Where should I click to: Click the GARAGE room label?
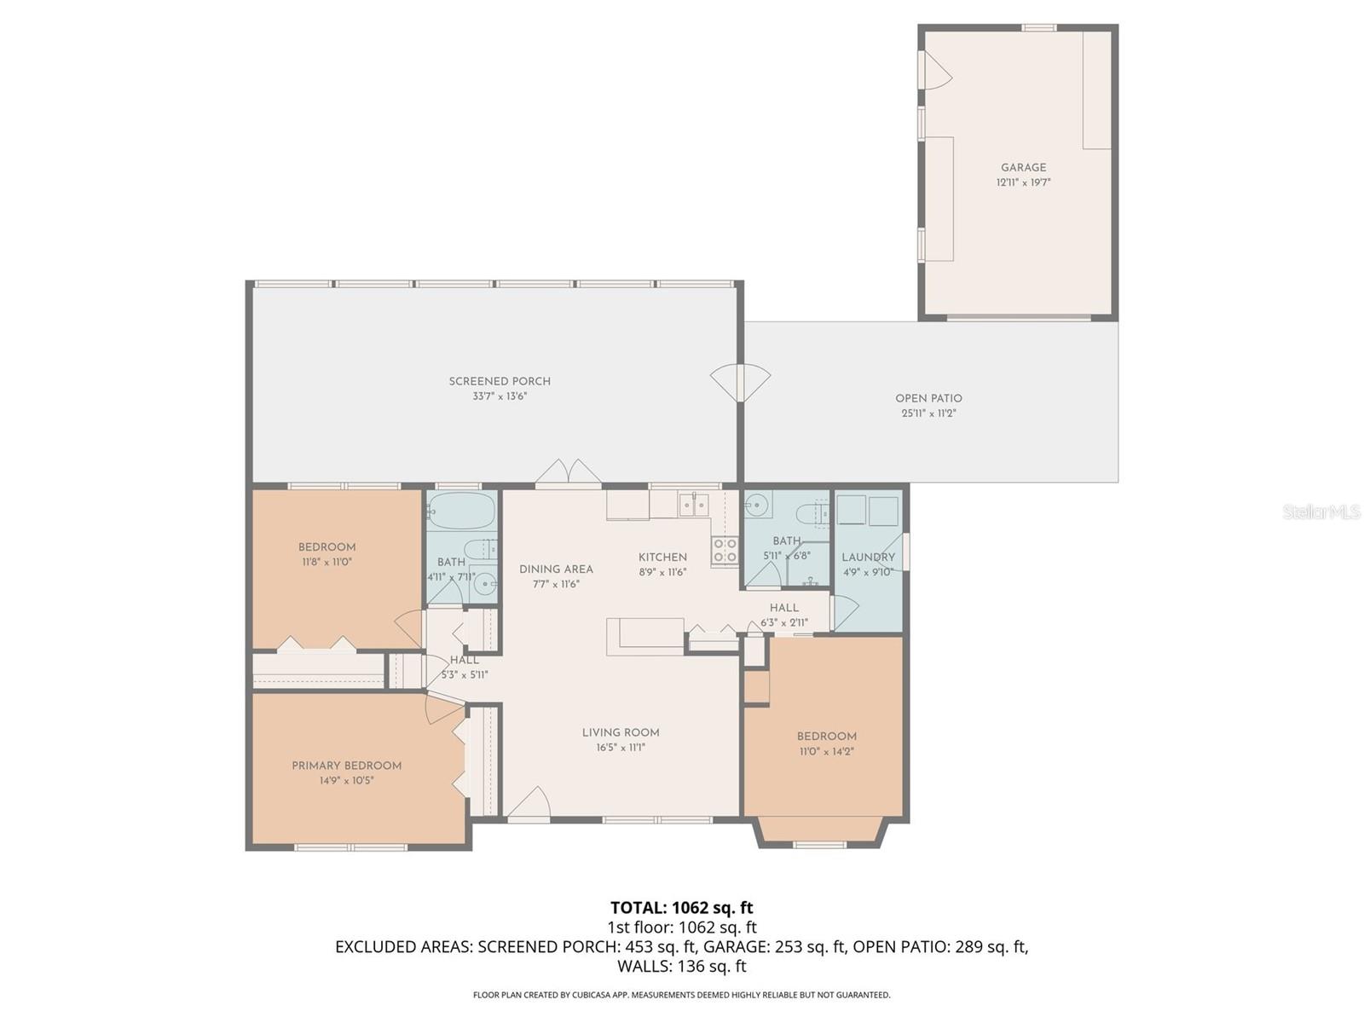[x=1023, y=168]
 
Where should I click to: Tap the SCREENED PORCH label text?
[x=500, y=381]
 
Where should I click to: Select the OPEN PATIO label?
[x=928, y=398]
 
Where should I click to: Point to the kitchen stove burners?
[x=725, y=550]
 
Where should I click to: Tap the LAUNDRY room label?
[x=868, y=558]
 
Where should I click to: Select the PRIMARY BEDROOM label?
[x=346, y=766]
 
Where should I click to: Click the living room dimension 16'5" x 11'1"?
[x=621, y=748]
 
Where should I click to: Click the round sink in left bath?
[x=484, y=585]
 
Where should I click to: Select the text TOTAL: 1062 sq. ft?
[x=681, y=907]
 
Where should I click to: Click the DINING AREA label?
[x=556, y=569]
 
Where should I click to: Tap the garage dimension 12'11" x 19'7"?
[x=1023, y=182]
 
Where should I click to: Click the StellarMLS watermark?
[x=1321, y=511]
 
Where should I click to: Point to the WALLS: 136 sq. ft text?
[x=681, y=966]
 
